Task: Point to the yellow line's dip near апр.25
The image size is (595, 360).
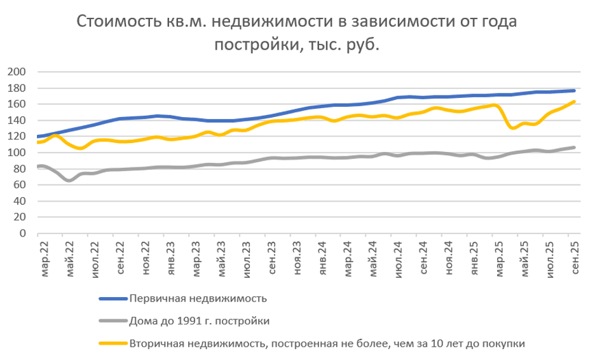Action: pyautogui.click(x=513, y=128)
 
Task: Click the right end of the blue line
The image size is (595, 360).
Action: pyautogui.click(x=574, y=90)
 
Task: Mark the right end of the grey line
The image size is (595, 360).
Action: pyautogui.click(x=574, y=148)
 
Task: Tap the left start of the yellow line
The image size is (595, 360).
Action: pyautogui.click(x=38, y=142)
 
